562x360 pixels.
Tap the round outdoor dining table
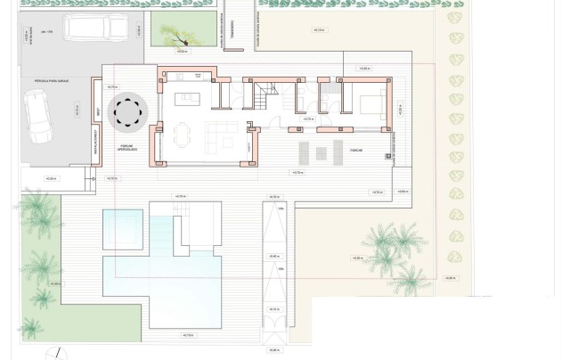pyautogui.click(x=126, y=112)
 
